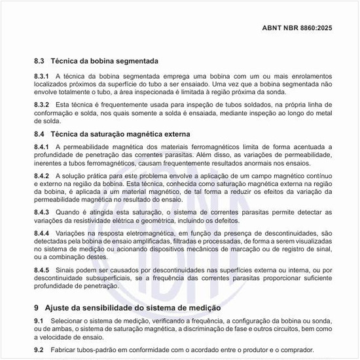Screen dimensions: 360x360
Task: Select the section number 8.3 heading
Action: (x=40, y=61)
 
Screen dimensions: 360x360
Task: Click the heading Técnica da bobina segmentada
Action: (x=105, y=61)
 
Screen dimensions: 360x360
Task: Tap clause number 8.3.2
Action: (x=42, y=105)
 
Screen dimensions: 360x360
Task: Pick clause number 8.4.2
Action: (x=42, y=176)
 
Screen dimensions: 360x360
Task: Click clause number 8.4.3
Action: (x=42, y=213)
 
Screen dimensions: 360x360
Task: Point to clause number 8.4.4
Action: (x=42, y=233)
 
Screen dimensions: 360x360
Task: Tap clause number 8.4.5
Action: (x=42, y=270)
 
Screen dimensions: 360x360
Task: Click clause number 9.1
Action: (x=39, y=320)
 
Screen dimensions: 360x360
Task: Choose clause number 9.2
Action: (x=39, y=350)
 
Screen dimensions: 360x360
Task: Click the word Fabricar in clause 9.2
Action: (x=70, y=350)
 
